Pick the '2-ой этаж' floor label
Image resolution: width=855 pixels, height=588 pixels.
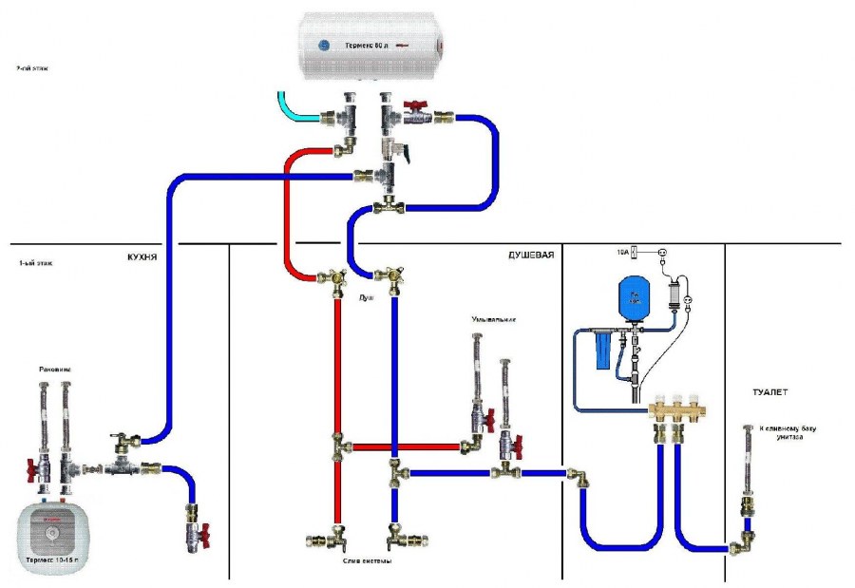35,69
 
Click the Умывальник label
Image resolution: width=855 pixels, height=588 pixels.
493,320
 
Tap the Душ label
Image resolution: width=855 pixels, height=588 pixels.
366,297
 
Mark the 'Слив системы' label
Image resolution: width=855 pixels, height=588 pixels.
367,560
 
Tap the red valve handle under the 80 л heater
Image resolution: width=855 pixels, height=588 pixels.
413,106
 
